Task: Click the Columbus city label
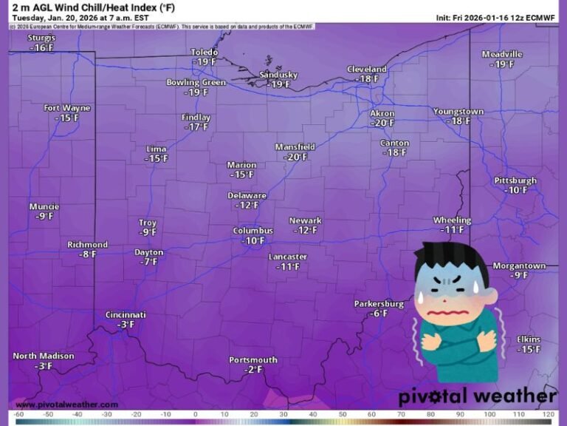pyautogui.click(x=253, y=231)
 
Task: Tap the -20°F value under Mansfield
pyautogui.click(x=295, y=157)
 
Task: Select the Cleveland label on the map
pyautogui.click(x=367, y=69)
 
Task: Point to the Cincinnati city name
pyautogui.click(x=126, y=314)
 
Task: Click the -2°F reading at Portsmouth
pyautogui.click(x=253, y=370)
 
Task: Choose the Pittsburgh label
pyautogui.click(x=515, y=180)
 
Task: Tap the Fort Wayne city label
pyautogui.click(x=66, y=108)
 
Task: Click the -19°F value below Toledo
pyautogui.click(x=205, y=62)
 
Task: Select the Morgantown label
pyautogui.click(x=519, y=266)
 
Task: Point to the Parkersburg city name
pyautogui.click(x=379, y=304)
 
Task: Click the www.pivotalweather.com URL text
pyautogui.click(x=66, y=405)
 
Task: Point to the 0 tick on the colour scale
pyautogui.click(x=196, y=415)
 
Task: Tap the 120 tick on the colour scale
pyautogui.click(x=547, y=415)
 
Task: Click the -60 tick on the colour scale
pyautogui.click(x=18, y=415)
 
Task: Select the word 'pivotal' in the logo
pyautogui.click(x=431, y=396)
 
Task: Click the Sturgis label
pyautogui.click(x=41, y=38)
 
